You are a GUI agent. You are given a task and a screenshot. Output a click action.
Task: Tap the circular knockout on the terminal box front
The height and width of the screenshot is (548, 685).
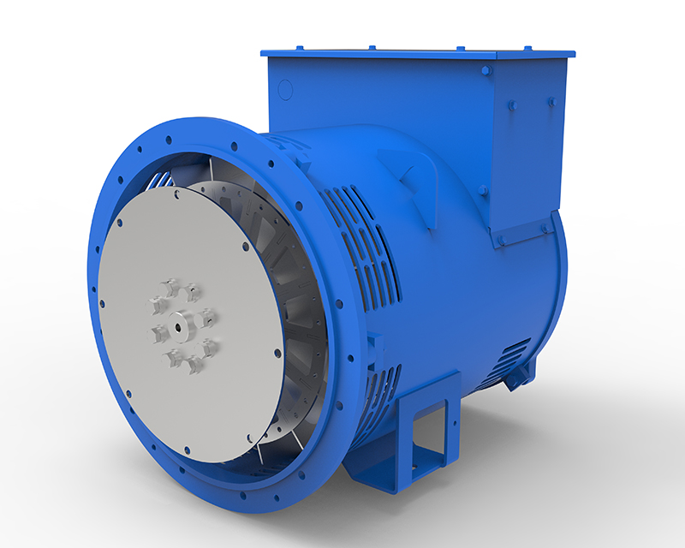tap(285, 89)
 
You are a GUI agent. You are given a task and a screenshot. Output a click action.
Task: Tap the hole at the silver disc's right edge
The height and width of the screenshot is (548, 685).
tap(277, 352)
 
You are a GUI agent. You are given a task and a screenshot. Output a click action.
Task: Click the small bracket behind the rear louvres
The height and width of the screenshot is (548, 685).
tap(515, 381)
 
